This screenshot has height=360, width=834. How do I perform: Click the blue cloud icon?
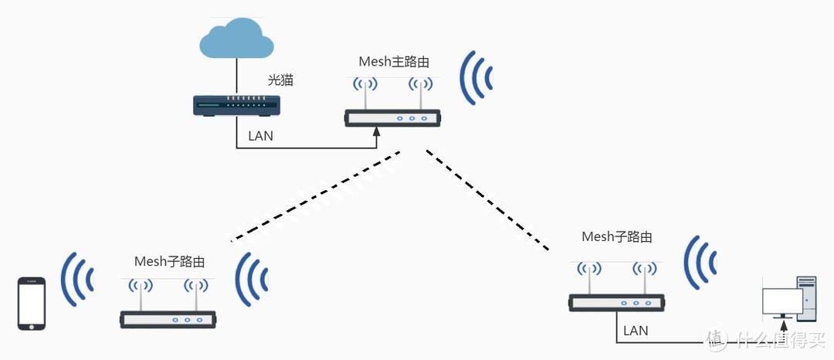point(236,41)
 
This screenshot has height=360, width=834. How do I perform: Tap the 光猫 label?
point(280,80)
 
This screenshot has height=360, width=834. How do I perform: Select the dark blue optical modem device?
point(236,105)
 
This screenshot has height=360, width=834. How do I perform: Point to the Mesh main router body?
point(392,118)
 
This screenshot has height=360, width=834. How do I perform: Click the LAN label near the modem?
point(260,136)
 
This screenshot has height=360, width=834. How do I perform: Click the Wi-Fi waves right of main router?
point(475,78)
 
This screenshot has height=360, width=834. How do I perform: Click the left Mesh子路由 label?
point(170,261)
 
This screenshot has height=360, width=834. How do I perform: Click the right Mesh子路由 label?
point(616,236)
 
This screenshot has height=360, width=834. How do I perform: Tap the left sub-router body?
point(168,318)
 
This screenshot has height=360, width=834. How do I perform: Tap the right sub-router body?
point(616,302)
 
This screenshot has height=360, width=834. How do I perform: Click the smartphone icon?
point(32,304)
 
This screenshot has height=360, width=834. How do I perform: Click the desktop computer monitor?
point(782,301)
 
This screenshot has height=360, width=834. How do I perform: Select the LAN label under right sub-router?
point(635,331)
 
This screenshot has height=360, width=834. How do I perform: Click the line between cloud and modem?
point(236,77)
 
